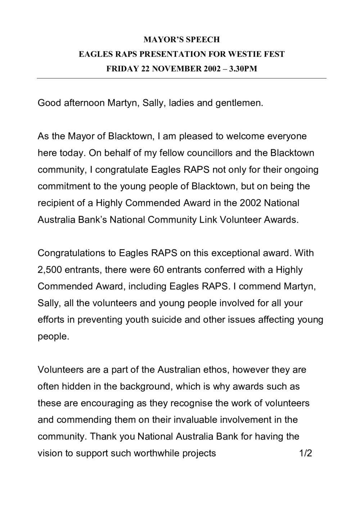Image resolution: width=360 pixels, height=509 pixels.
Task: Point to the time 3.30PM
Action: tap(244, 69)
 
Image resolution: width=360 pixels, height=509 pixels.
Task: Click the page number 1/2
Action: tap(305, 453)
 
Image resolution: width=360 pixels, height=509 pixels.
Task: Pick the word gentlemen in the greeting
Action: tap(239, 103)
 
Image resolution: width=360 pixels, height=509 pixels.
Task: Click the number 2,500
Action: tap(49, 270)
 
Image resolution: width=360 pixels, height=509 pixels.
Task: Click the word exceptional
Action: tap(238, 253)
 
